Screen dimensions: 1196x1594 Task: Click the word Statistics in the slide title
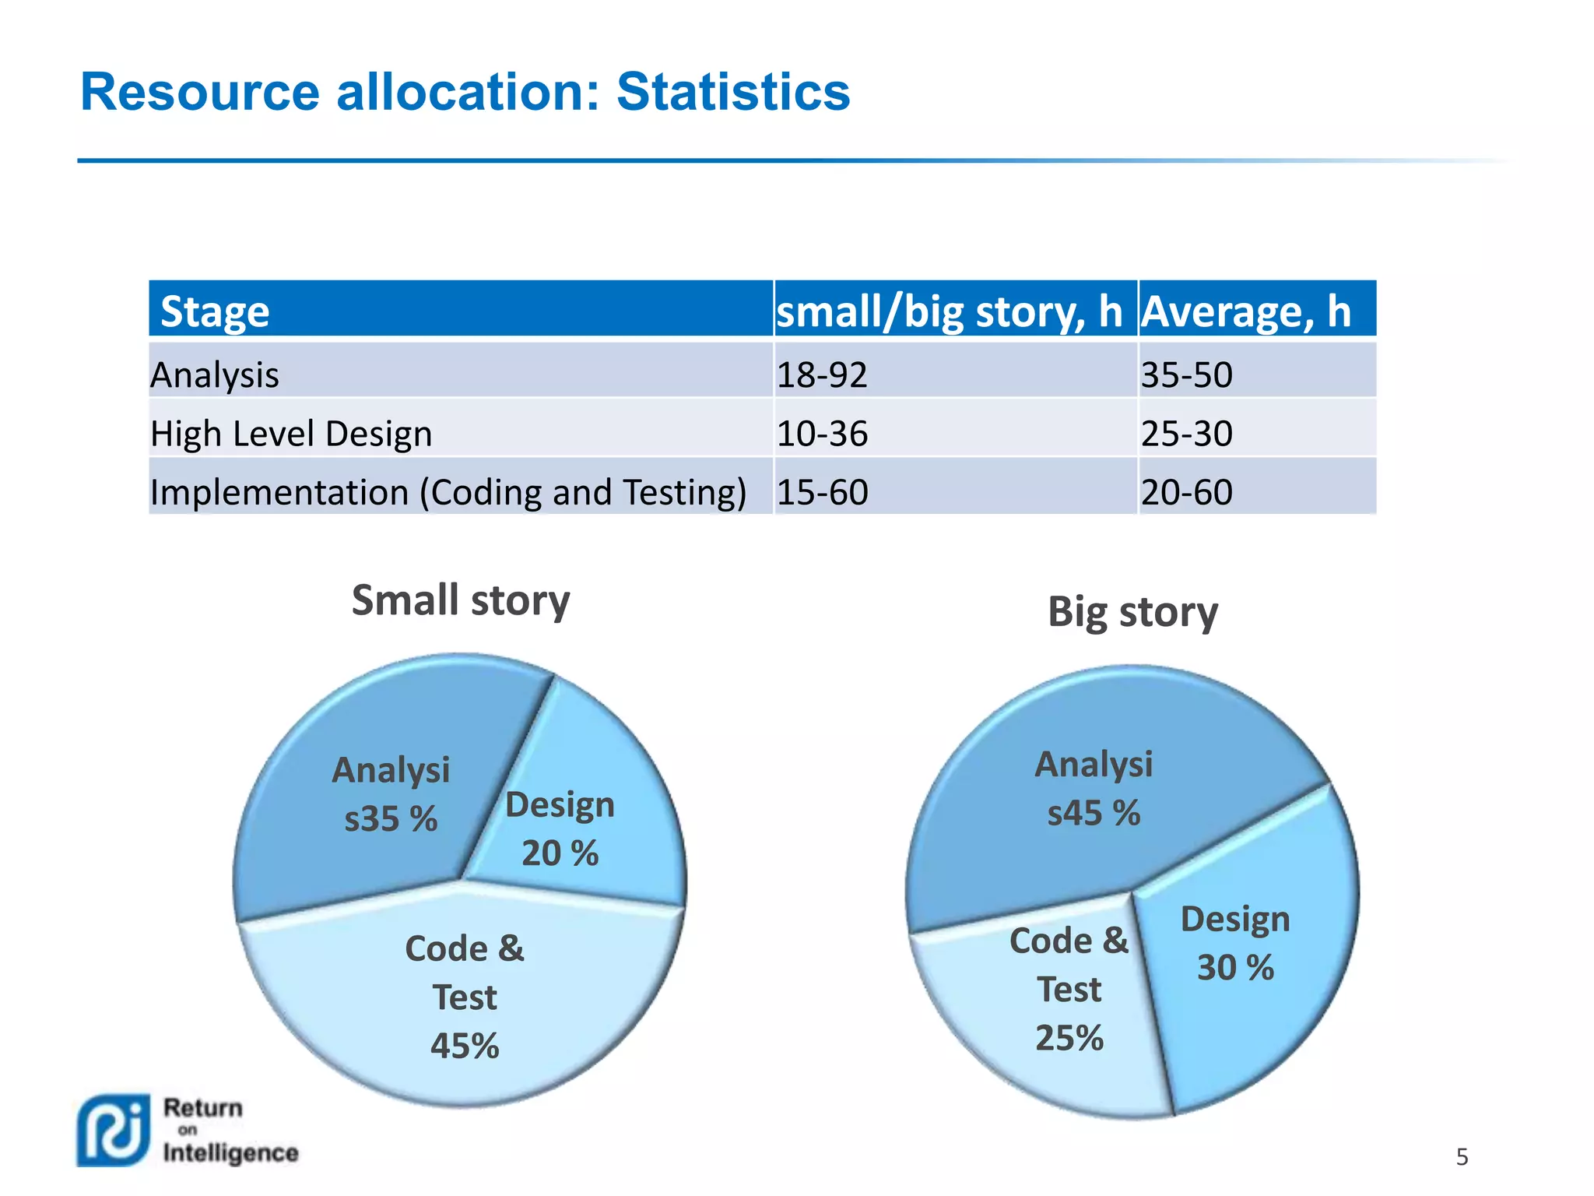[732, 93]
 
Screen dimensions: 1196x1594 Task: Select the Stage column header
[215, 311]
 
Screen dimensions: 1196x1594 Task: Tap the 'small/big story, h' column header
[950, 311]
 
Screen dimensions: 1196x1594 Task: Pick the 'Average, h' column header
[1245, 311]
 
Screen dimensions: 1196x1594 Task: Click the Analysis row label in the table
[215, 375]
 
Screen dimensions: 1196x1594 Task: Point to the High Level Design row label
[291, 433]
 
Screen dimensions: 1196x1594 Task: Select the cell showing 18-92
[822, 375]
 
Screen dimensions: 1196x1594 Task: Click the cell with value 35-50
[1186, 375]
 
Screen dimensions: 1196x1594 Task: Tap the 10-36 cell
[822, 433]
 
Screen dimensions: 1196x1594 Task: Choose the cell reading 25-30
[1186, 433]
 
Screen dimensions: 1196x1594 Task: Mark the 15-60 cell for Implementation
[822, 492]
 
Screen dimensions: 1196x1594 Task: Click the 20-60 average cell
[1186, 492]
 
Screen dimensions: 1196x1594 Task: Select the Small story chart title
[461, 600]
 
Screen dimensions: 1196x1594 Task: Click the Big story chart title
[1132, 612]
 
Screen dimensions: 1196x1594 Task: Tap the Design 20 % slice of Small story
[576, 825]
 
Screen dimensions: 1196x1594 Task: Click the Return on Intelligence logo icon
[114, 1131]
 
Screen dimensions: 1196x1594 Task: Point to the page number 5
[1462, 1157]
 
